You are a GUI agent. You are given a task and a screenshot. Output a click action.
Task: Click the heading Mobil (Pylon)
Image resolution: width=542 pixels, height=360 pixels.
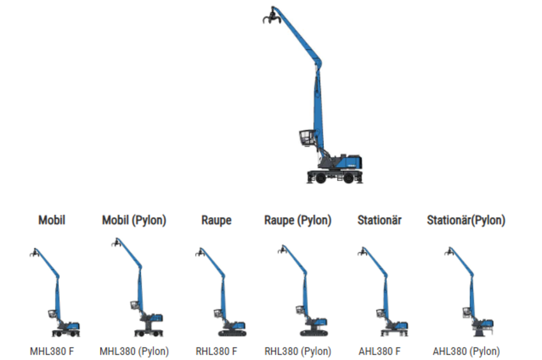pyautogui.click(x=134, y=220)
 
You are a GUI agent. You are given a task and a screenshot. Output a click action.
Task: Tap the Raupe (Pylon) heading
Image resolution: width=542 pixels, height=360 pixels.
pyautogui.click(x=298, y=220)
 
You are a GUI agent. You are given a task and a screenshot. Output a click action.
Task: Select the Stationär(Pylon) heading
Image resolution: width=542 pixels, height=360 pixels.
pyautogui.click(x=466, y=220)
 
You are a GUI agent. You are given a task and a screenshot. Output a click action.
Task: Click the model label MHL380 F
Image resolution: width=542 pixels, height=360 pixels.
pyautogui.click(x=52, y=351)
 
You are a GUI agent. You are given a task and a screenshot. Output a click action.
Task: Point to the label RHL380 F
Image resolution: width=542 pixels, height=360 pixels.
pyautogui.click(x=216, y=351)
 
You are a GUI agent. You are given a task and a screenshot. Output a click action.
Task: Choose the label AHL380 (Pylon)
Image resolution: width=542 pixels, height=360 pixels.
pyautogui.click(x=466, y=351)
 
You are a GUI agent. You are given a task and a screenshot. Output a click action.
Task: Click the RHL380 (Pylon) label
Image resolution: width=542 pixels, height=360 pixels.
pyautogui.click(x=298, y=351)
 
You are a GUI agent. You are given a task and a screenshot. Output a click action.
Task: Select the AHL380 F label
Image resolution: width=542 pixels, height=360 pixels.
pyautogui.click(x=380, y=351)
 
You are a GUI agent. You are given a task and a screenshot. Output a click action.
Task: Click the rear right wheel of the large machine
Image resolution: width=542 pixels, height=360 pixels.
pyautogui.click(x=348, y=178)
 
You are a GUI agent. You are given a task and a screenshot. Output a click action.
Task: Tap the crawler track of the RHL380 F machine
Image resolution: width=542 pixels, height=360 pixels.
pyautogui.click(x=231, y=333)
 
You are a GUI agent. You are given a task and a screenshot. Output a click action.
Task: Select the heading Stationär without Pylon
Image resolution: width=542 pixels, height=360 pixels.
pyautogui.click(x=379, y=220)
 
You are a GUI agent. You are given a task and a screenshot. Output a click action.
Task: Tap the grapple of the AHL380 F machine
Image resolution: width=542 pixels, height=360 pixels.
pyautogui.click(x=363, y=252)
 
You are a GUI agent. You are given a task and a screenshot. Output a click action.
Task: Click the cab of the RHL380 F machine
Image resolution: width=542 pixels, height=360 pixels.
pyautogui.click(x=219, y=314)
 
